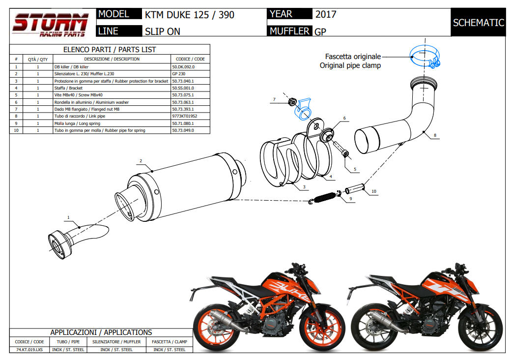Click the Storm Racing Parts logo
[x=50, y=24]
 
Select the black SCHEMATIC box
[x=478, y=23]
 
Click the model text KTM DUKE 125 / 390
[x=190, y=15]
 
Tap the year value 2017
[x=326, y=14]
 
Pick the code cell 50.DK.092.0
[x=183, y=66]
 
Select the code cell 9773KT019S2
[x=184, y=116]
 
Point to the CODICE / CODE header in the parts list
[x=190, y=59]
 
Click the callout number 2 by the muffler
[x=141, y=161]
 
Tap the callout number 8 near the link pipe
[x=434, y=135]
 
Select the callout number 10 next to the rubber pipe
[x=374, y=191]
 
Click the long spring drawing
[x=324, y=197]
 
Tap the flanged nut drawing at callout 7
[x=291, y=102]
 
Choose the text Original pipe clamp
[x=350, y=65]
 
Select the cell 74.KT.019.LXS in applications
[x=29, y=350]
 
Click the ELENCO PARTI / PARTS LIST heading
[x=110, y=50]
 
